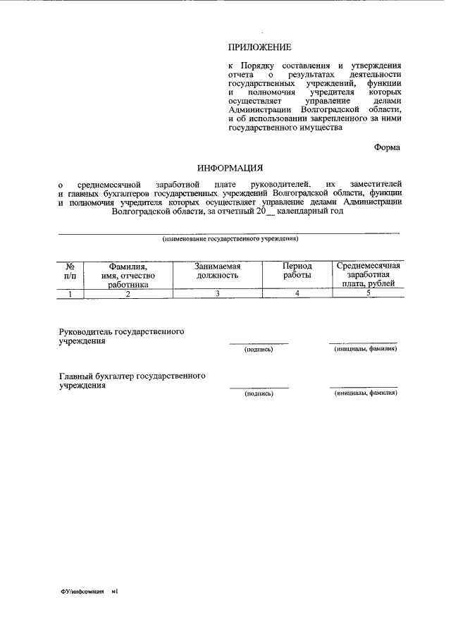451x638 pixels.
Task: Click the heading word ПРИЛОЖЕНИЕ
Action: tap(259, 47)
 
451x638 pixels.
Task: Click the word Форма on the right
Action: tap(387, 147)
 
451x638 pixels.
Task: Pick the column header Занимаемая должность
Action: tap(218, 271)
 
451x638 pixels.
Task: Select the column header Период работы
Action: tap(297, 271)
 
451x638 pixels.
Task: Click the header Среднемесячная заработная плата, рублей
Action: tap(368, 275)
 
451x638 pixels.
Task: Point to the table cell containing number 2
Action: tap(128, 294)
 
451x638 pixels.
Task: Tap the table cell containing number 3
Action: tap(218, 294)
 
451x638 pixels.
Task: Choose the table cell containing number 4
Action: tap(297, 294)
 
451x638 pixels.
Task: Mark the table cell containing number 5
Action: tap(368, 294)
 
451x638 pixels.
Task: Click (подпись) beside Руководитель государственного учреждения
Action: tap(258, 349)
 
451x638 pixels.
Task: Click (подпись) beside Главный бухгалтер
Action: tap(258, 393)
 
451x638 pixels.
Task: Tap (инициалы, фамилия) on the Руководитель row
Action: tap(365, 348)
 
